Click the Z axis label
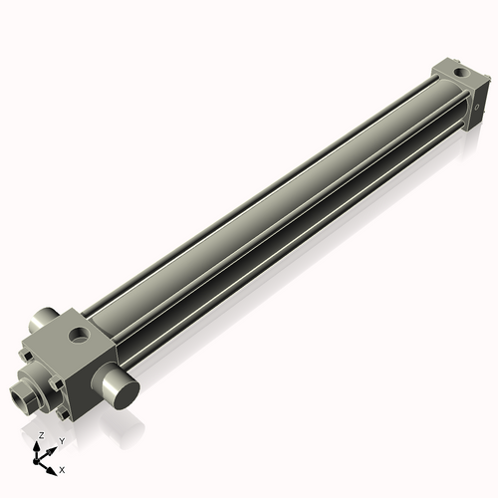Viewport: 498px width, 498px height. click(40, 436)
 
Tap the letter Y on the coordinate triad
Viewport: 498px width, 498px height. click(62, 440)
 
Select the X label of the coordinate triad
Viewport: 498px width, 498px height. click(63, 467)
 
